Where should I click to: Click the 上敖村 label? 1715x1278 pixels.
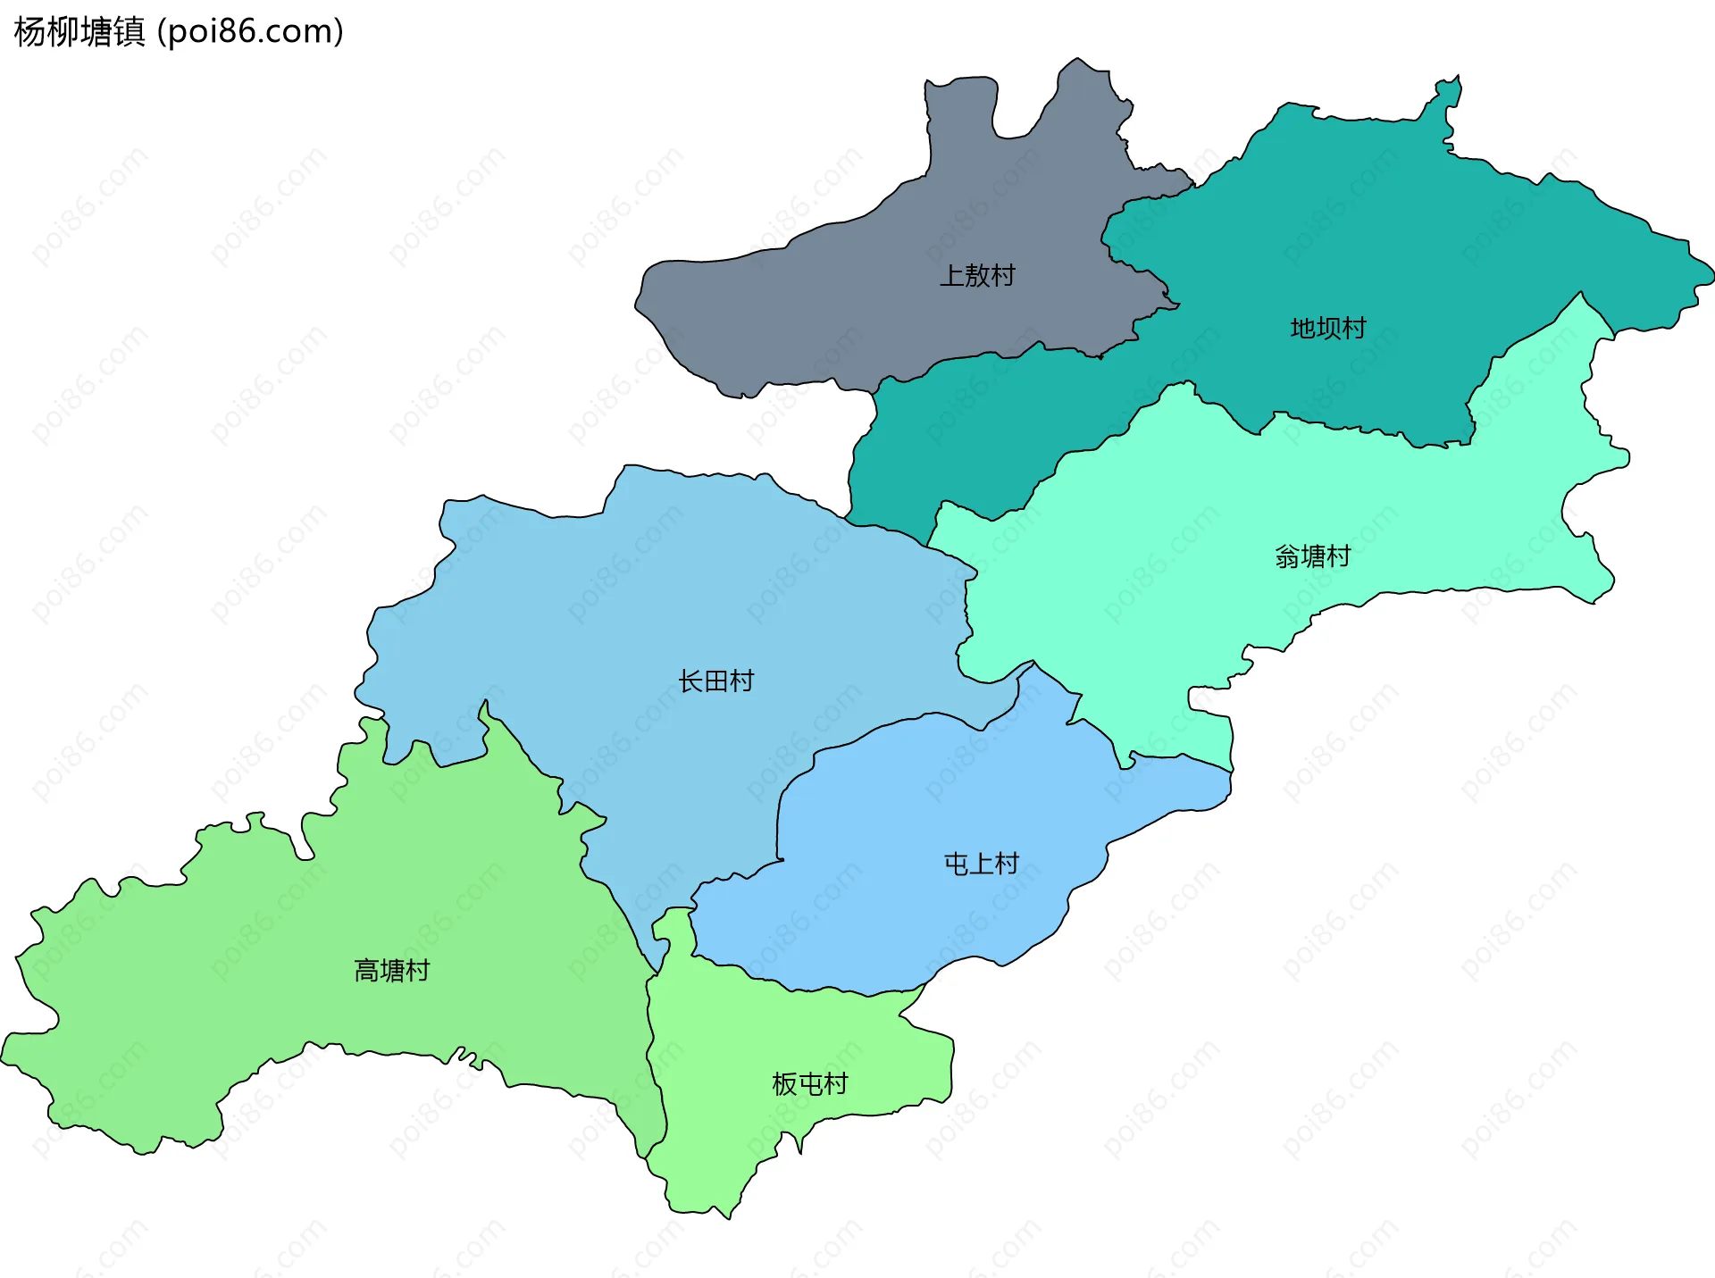pos(977,275)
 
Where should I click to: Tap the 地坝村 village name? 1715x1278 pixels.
pos(1328,329)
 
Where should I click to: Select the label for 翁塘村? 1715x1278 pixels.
pos(1313,557)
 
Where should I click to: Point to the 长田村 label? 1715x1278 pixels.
pos(715,681)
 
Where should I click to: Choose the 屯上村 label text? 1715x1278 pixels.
pos(982,864)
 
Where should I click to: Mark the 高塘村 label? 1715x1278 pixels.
pos(392,971)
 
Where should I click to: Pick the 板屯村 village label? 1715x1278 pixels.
pos(810,1084)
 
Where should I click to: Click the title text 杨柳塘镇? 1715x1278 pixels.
pos(79,32)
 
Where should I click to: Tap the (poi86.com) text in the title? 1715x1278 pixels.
pos(250,32)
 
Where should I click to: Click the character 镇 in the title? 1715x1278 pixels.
pos(130,32)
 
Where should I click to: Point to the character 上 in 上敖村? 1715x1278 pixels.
pos(952,275)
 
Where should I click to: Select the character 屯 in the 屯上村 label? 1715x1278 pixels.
pos(957,864)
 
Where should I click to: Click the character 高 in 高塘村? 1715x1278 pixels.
pos(367,971)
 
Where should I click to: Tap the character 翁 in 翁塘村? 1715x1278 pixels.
pos(1288,557)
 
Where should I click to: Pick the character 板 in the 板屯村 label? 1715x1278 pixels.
pos(785,1084)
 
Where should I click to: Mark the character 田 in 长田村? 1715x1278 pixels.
pos(715,681)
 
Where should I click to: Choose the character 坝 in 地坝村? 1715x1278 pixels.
pos(1328,329)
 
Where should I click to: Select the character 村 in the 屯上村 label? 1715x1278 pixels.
pos(1008,864)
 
